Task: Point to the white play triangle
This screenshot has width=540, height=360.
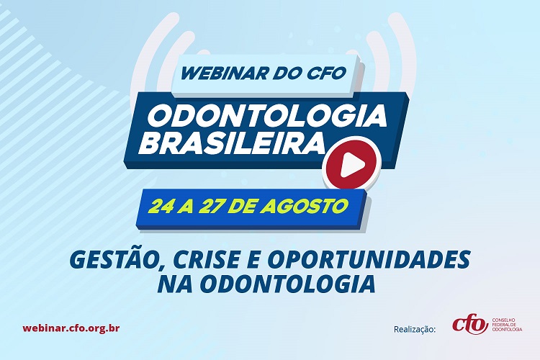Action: tap(352, 164)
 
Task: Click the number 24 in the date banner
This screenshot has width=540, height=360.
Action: tap(160, 207)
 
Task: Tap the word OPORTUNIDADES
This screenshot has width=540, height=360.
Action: tap(369, 259)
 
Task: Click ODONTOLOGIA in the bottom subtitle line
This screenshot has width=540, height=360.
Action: tap(287, 284)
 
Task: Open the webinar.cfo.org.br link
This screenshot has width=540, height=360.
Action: tap(71, 328)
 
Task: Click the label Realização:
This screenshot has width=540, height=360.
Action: tap(415, 329)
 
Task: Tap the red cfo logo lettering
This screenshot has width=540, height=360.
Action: tap(470, 323)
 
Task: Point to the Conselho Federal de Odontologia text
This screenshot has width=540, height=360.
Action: tap(508, 325)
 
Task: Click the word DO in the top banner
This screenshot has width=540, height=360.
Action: tap(279, 73)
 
